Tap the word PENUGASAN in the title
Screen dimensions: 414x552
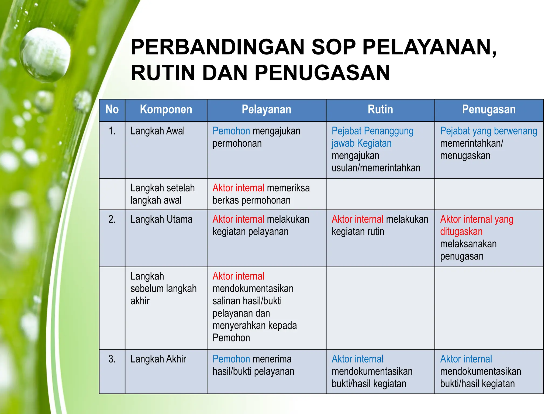(x=322, y=73)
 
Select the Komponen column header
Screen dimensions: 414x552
(x=166, y=110)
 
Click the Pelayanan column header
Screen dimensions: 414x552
(x=266, y=110)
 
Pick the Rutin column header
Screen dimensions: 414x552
(x=380, y=110)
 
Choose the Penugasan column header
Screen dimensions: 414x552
(x=489, y=110)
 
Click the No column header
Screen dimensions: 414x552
(x=112, y=110)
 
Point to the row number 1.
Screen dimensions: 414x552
(x=112, y=131)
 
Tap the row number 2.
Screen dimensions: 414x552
(x=112, y=219)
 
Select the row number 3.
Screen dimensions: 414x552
(x=112, y=359)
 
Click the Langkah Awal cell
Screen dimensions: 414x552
(x=158, y=131)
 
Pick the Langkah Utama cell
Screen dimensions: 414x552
(x=161, y=219)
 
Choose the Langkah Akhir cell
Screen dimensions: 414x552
(x=158, y=359)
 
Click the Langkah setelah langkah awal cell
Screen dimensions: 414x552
(x=162, y=194)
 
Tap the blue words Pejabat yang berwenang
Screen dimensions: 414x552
(x=488, y=131)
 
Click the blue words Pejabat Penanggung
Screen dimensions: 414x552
(x=372, y=131)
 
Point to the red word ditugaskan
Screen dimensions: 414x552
(x=461, y=232)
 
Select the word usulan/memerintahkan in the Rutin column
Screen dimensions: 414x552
(x=376, y=168)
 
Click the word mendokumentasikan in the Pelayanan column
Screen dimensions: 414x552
(x=253, y=289)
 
